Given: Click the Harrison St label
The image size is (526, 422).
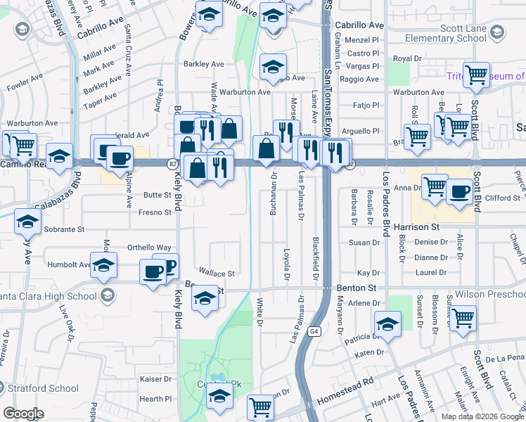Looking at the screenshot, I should coord(416,227).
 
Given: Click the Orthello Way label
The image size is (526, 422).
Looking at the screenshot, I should coord(149,248).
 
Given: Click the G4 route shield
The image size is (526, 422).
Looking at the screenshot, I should coord(313,331).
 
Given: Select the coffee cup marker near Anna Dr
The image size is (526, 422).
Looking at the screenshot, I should coord(461,191).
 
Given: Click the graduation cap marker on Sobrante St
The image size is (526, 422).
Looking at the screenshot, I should coord(27,222).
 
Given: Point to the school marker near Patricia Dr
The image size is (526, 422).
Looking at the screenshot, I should coord(387,324).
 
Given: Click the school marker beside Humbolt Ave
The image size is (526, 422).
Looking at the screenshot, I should coord(103,265).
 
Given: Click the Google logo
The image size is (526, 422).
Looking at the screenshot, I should coord(23,413).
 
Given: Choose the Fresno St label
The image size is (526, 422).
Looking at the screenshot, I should coord(155,212).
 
